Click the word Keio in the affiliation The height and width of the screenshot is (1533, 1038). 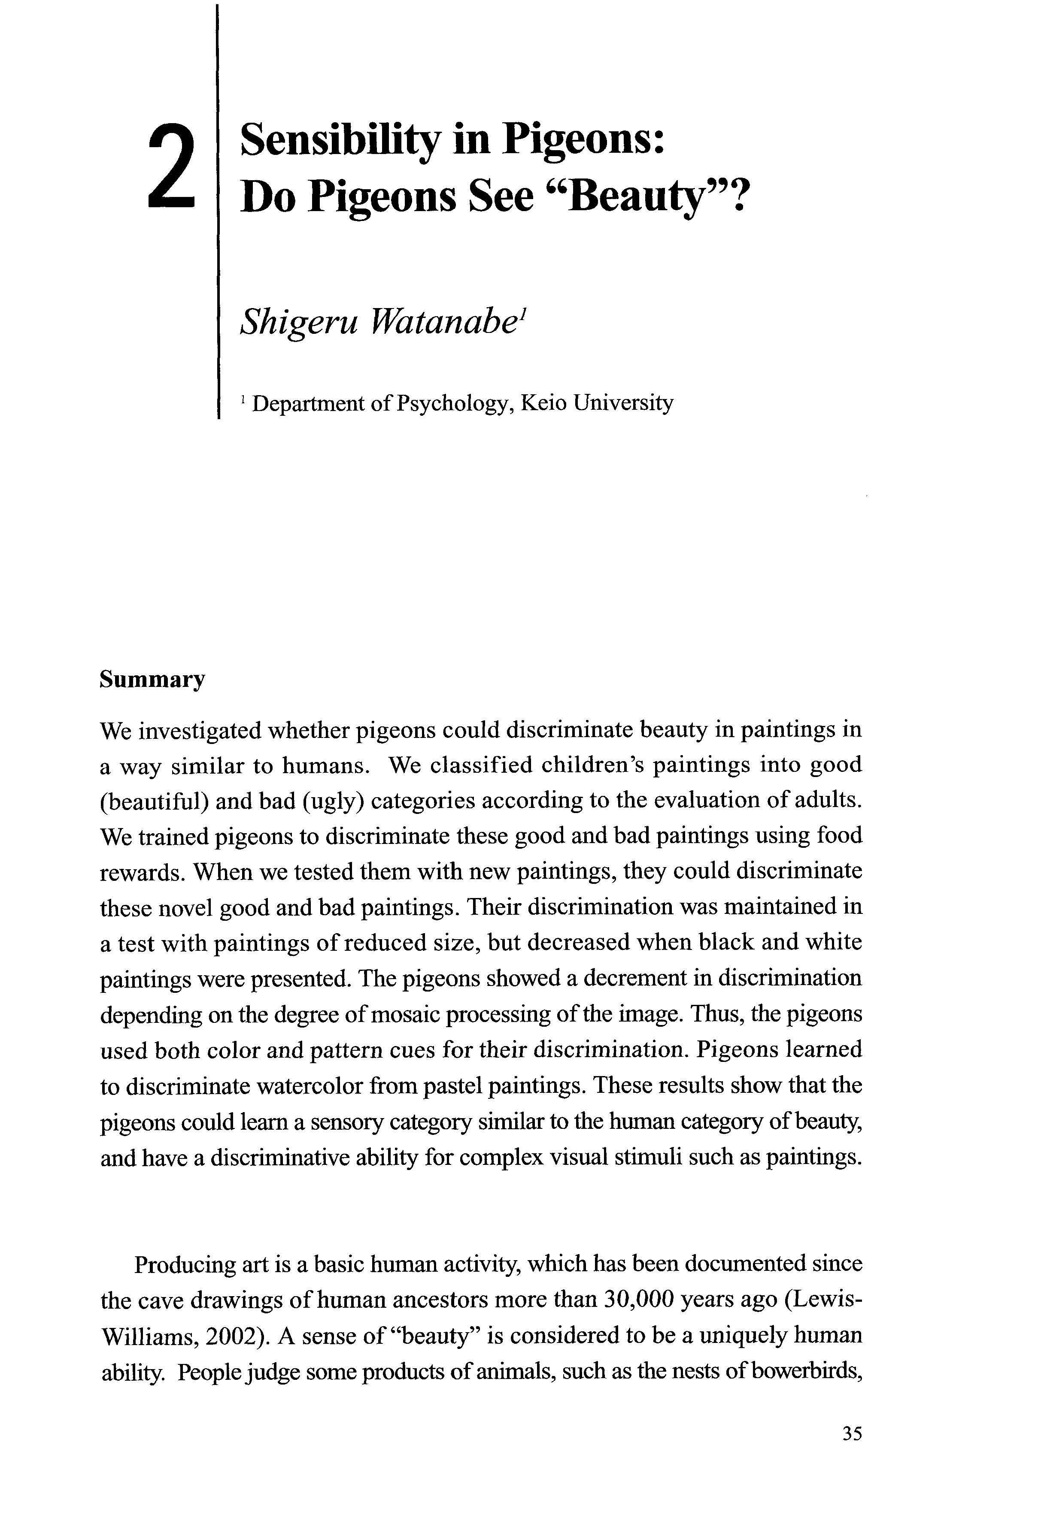[543, 402]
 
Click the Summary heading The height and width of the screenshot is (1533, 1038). [152, 680]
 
